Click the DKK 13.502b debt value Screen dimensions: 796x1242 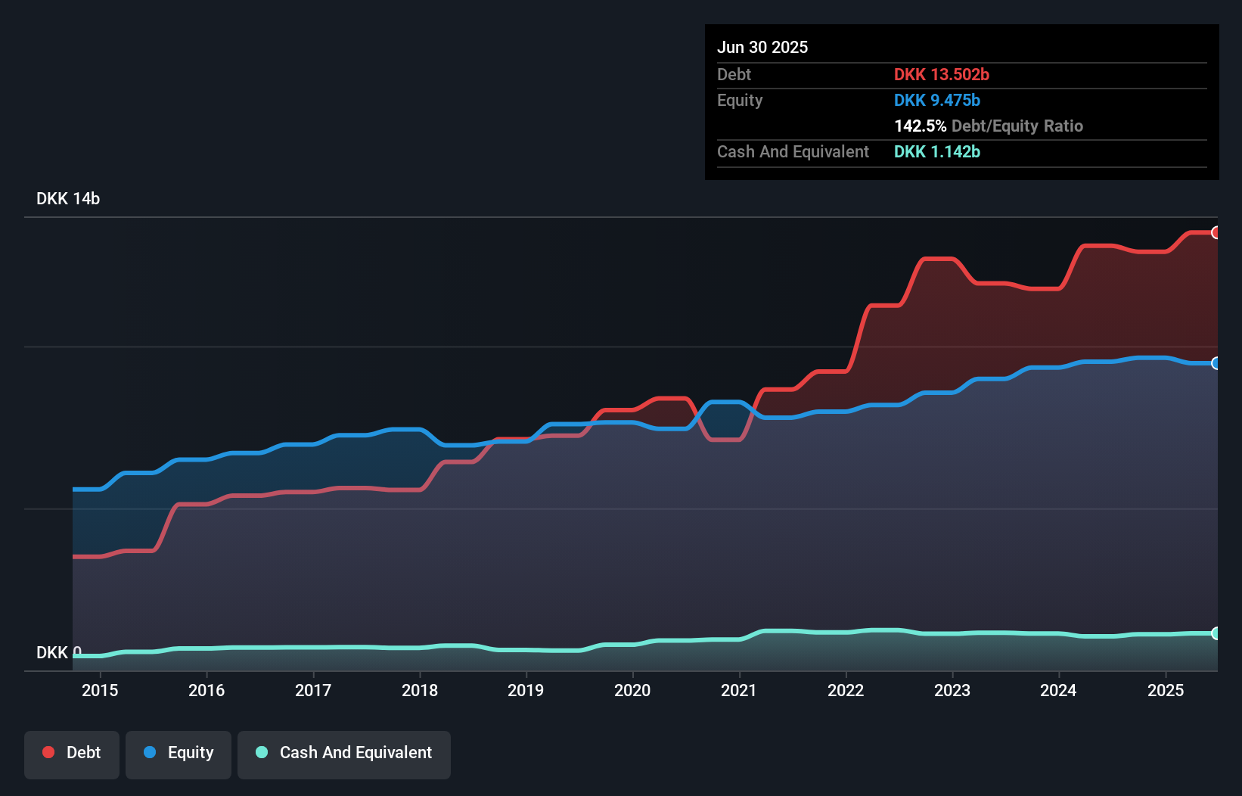941,74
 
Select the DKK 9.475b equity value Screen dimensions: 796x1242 936,100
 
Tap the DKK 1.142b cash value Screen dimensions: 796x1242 936,151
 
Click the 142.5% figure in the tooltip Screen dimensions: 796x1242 920,126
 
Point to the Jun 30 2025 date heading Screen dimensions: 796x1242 762,47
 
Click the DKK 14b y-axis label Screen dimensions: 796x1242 68,198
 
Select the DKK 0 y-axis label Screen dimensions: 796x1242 58,652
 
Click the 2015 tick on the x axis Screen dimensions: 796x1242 100,690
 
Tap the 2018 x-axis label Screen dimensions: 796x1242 419,690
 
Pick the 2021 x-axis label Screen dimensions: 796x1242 738,690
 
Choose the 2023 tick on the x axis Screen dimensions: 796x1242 952,690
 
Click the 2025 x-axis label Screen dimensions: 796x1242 1165,690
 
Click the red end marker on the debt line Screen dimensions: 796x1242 1216,232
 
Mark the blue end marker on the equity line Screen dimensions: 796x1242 1216,363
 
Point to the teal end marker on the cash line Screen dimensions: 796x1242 1216,633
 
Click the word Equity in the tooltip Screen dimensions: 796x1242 739,100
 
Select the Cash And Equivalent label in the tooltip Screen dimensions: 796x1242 793,151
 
